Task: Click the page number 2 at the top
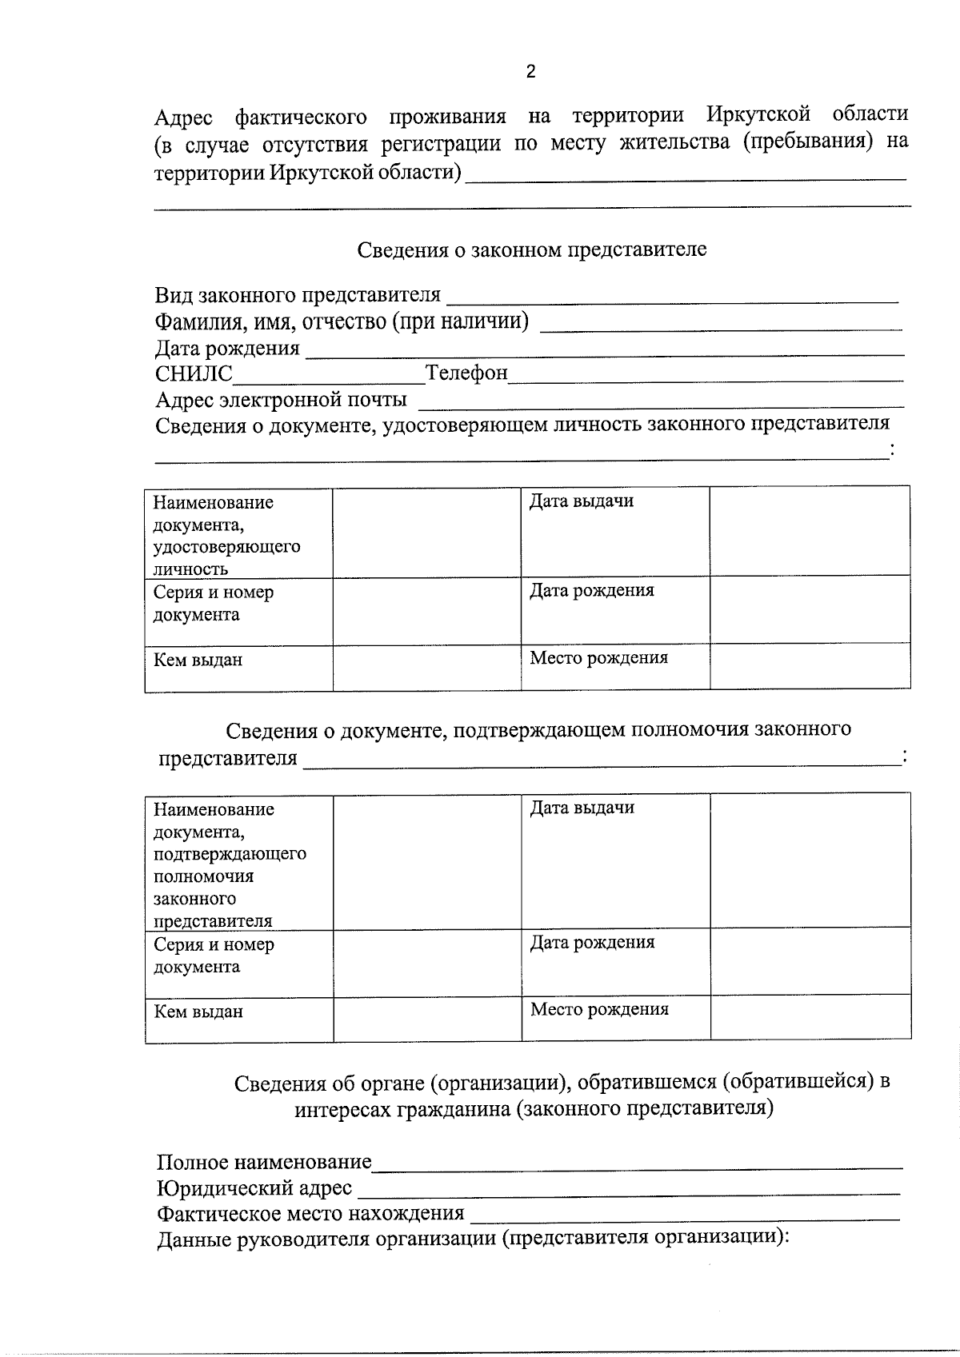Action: pyautogui.click(x=530, y=72)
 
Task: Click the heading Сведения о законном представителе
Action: pyautogui.click(x=531, y=249)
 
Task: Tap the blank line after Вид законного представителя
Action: pyautogui.click(x=671, y=297)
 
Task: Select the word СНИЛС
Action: pyautogui.click(x=194, y=373)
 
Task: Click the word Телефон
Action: pyautogui.click(x=466, y=373)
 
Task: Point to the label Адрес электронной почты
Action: pyautogui.click(x=281, y=399)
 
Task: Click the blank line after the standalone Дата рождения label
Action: pyautogui.click(x=604, y=349)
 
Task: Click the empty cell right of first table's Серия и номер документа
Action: pyautogui.click(x=426, y=612)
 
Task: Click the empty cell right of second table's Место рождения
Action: pyautogui.click(x=810, y=1017)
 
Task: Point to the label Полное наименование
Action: pyautogui.click(x=264, y=1162)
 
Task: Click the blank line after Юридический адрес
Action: pyautogui.click(x=628, y=1189)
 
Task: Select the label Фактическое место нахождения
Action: pyautogui.click(x=310, y=1214)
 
